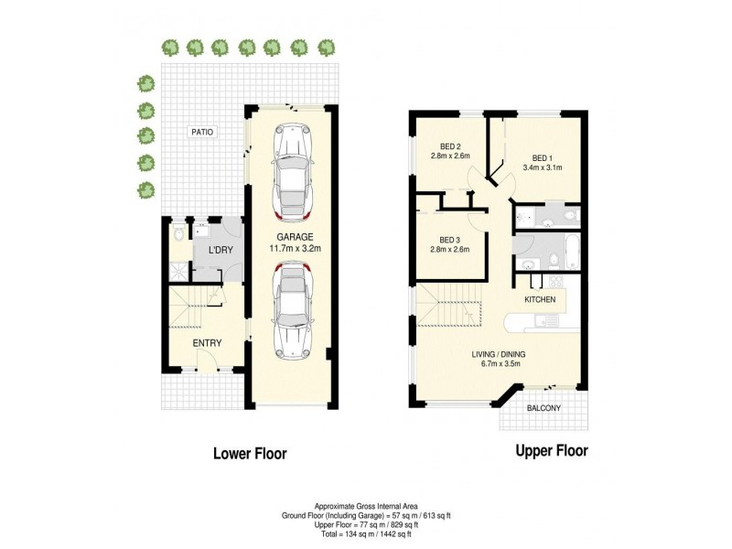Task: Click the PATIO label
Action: [202, 132]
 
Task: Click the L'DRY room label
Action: [219, 251]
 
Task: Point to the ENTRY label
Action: [207, 343]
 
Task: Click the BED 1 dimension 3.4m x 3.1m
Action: [542, 167]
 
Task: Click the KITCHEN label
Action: [540, 300]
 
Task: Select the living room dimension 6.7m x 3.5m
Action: [498, 363]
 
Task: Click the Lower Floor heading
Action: [250, 453]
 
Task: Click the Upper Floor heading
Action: [552, 450]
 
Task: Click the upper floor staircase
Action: [448, 308]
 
